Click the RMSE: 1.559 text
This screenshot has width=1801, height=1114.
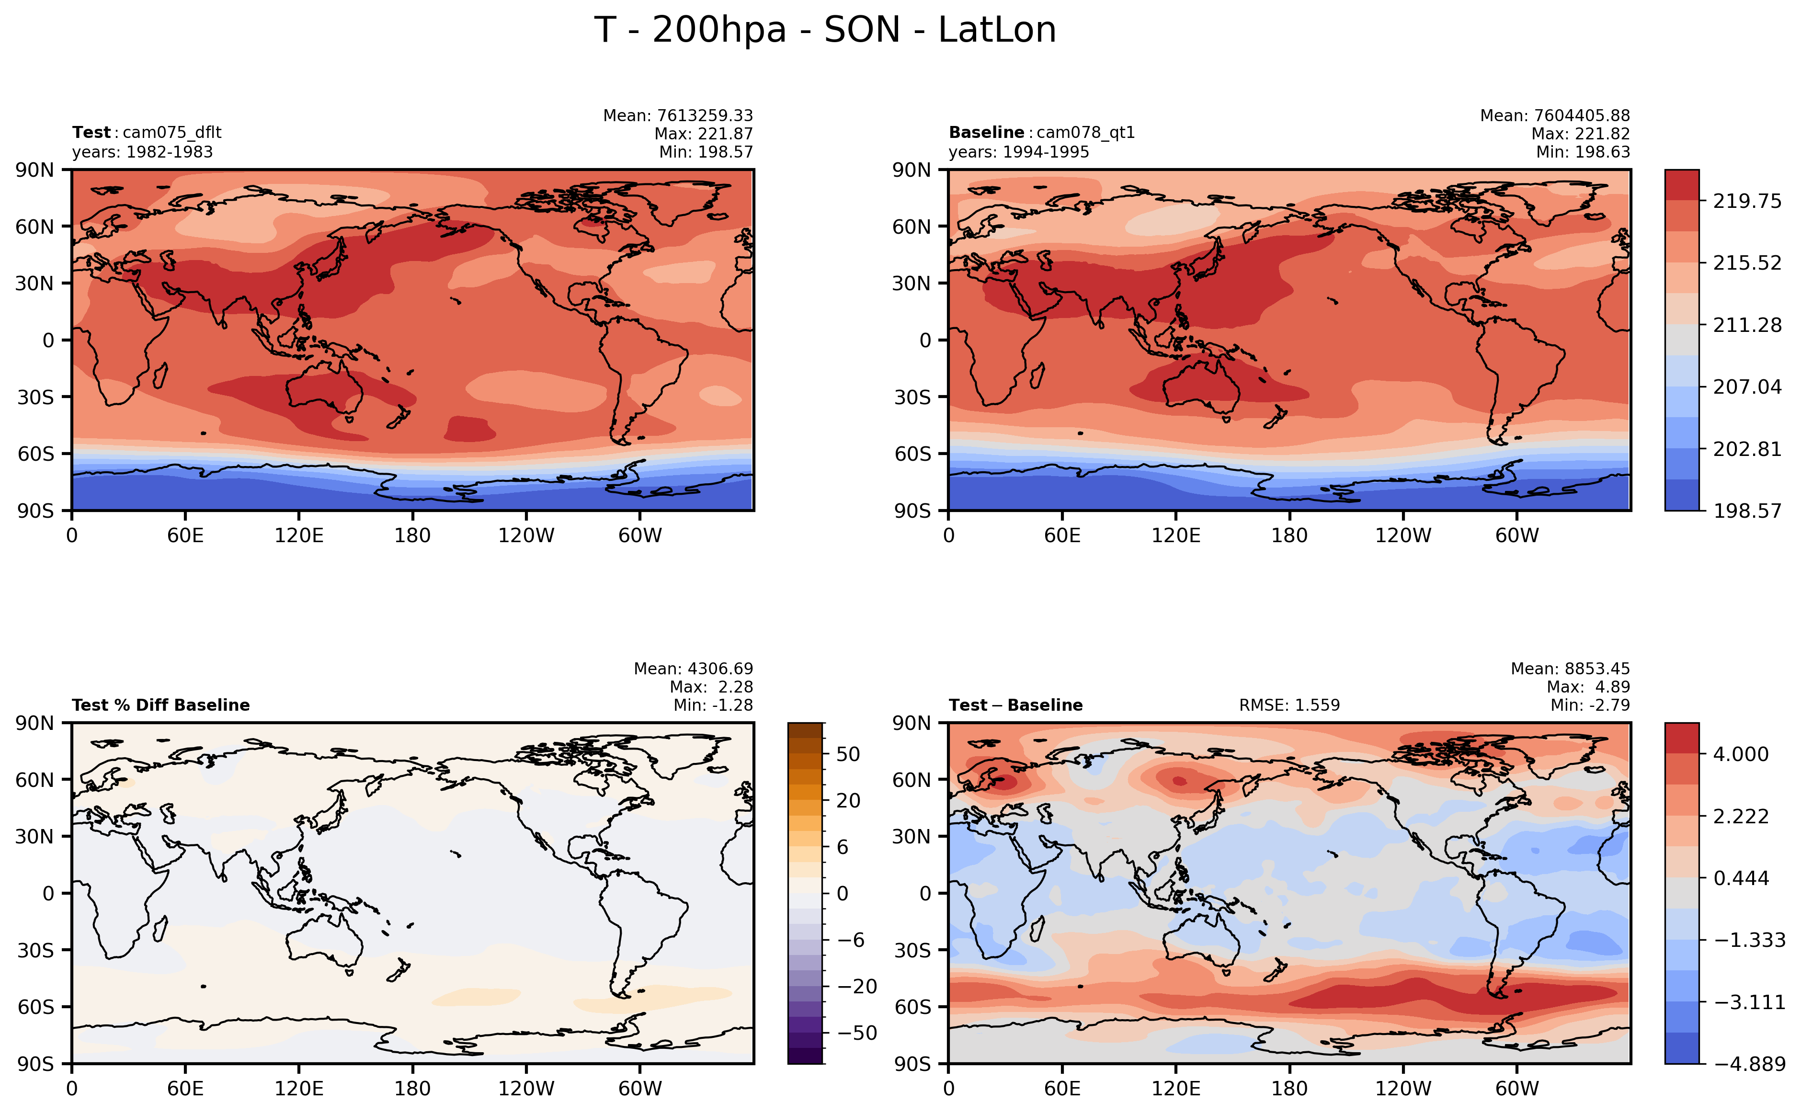coord(1289,705)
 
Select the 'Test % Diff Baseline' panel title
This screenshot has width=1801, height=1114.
coord(160,705)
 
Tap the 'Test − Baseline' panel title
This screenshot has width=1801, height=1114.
coord(1015,705)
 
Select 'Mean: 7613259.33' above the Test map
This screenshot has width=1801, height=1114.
coord(678,116)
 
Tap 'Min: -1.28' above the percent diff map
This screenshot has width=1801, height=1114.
coord(713,705)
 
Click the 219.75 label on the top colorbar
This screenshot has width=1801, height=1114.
coord(1746,201)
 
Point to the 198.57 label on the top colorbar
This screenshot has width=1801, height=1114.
coord(1746,511)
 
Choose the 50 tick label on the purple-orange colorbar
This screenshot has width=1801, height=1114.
coord(848,754)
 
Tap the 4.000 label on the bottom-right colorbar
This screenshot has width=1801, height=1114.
coord(1741,754)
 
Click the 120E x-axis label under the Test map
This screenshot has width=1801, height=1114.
coord(298,535)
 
